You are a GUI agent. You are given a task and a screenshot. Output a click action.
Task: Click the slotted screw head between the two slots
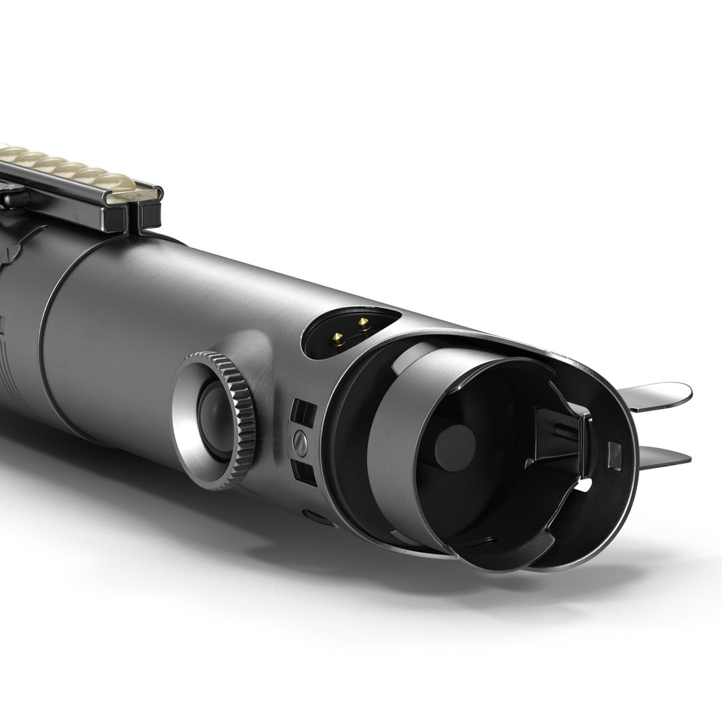pos(301,440)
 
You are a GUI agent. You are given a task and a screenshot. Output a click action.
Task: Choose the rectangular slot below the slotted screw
pos(304,469)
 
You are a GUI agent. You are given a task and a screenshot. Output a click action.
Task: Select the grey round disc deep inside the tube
pos(455,445)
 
